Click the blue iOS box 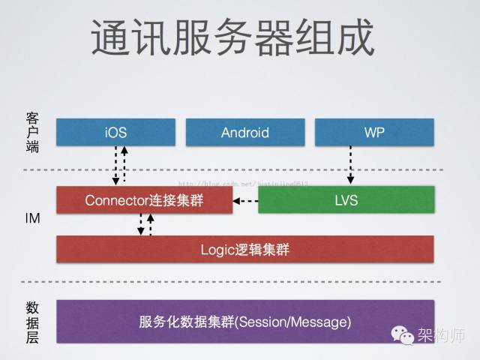click(115, 133)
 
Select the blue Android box click(244, 133)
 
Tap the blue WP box click(373, 133)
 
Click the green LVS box click(346, 200)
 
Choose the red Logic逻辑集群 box click(244, 250)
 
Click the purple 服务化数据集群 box click(244, 322)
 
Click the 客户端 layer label click(32, 133)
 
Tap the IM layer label click(32, 219)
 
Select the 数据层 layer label click(32, 322)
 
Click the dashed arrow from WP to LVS click(350, 166)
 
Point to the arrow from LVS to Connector click(244, 201)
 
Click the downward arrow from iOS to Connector click(115, 166)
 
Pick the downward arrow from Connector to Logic click(141, 224)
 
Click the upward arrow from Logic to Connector click(151, 224)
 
